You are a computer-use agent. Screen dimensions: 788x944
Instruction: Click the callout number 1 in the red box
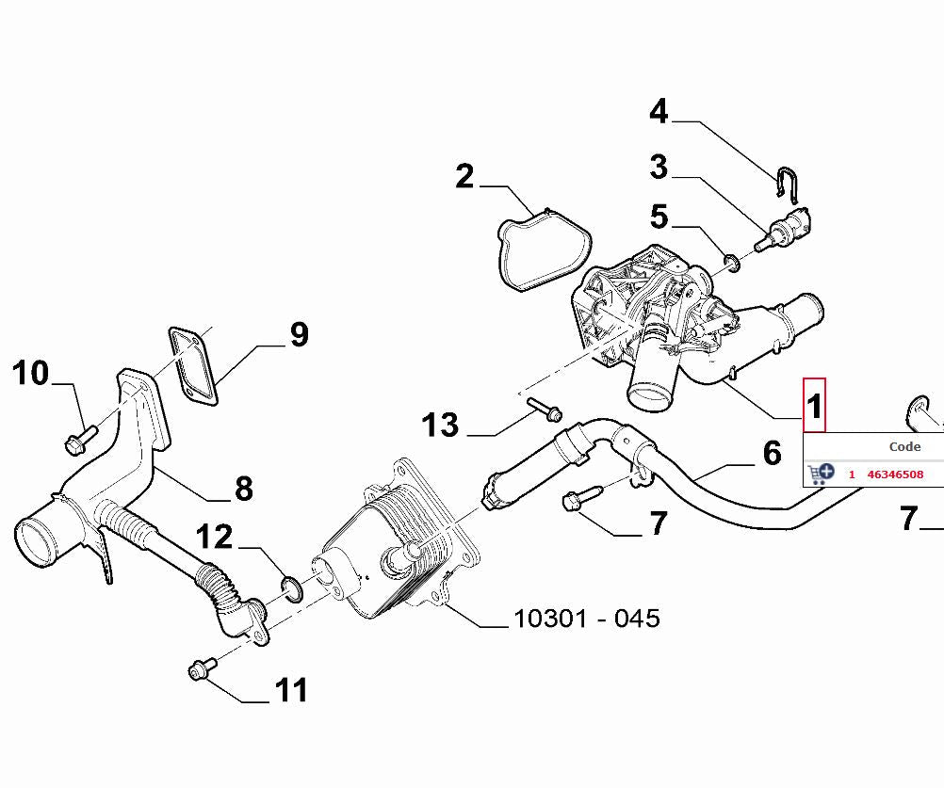[x=814, y=406]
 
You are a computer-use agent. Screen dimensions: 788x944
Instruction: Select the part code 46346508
[x=894, y=474]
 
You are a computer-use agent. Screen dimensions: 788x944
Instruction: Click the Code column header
[x=904, y=447]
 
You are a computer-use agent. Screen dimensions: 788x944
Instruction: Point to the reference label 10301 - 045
[x=586, y=619]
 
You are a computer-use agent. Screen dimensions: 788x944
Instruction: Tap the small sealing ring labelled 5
[x=731, y=260]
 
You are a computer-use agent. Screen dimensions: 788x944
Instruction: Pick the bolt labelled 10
[x=79, y=437]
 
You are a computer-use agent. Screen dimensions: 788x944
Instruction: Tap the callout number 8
[x=243, y=489]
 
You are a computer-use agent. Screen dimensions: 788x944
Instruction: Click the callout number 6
[x=772, y=454]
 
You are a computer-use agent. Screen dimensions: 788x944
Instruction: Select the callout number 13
[x=440, y=426]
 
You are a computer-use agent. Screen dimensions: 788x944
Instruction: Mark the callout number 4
[x=659, y=112]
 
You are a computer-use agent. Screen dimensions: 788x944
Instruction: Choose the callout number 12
[x=214, y=538]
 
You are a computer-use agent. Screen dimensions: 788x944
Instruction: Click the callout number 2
[x=464, y=176]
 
